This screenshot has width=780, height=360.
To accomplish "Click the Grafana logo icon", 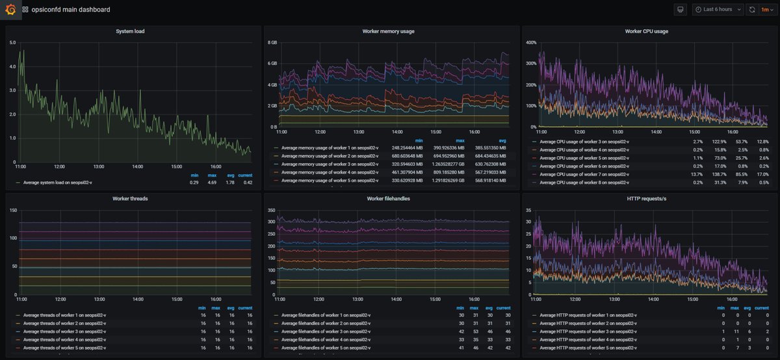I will tap(10, 10).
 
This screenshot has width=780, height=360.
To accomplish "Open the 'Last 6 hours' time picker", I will tap(717, 10).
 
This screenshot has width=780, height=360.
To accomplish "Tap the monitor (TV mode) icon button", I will tap(681, 10).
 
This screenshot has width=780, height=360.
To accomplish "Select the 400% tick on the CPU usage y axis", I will tap(530, 43).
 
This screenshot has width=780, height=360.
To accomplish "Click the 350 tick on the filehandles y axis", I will tap(271, 211).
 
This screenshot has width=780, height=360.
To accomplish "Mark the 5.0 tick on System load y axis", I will tap(12, 43).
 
